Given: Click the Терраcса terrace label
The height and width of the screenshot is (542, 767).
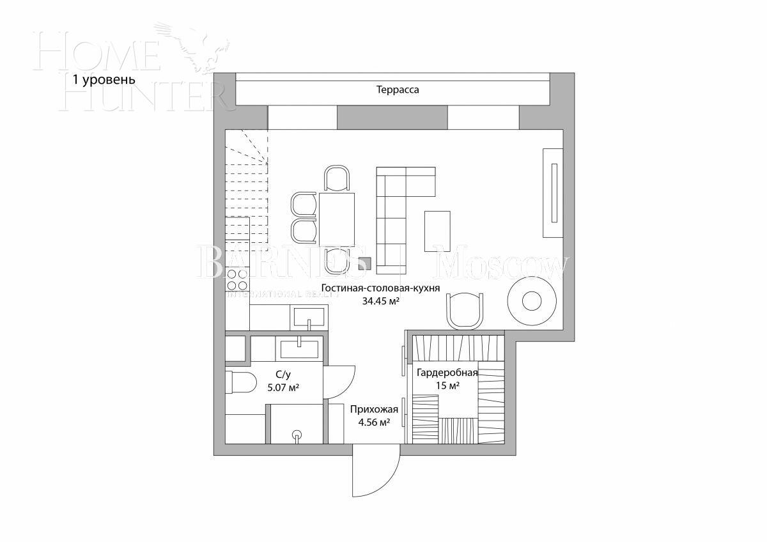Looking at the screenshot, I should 398,90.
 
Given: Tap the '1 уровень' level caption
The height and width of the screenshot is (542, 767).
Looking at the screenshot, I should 104,80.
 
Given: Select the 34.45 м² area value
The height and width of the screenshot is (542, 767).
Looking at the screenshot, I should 380,300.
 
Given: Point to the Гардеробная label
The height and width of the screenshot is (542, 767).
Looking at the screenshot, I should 447,373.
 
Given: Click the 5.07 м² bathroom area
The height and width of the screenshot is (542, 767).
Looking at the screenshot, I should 279,387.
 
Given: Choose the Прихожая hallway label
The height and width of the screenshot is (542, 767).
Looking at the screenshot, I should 375,410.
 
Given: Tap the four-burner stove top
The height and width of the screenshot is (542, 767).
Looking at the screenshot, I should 237,280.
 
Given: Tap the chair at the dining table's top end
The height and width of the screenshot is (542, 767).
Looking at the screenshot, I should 337,178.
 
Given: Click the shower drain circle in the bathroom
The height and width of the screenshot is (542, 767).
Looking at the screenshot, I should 296,435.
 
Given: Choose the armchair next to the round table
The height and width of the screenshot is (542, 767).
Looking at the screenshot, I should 464,311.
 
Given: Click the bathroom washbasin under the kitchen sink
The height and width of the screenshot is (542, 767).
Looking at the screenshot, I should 299,349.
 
